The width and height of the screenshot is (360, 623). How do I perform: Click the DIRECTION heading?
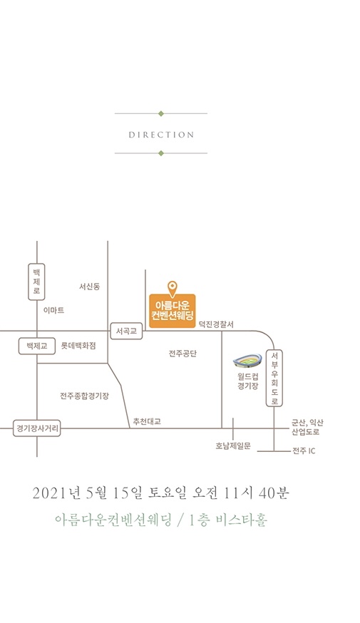(161, 135)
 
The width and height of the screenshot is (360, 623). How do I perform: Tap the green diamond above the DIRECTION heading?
(161, 113)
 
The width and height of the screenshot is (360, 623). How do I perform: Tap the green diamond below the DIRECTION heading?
(161, 153)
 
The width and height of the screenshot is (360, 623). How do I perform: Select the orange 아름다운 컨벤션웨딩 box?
(173, 311)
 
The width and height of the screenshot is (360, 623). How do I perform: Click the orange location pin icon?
(172, 289)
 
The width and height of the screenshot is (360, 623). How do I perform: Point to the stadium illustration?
(247, 361)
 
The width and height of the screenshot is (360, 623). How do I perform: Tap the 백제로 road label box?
(36, 282)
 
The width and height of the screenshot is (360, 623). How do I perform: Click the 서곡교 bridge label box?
(126, 331)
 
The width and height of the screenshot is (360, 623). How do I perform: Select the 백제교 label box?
(37, 346)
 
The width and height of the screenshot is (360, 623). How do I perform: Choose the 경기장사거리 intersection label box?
(37, 428)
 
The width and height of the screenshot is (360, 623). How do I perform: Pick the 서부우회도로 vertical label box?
(274, 379)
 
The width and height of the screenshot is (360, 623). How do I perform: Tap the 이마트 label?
(53, 310)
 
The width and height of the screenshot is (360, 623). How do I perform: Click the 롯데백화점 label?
(78, 346)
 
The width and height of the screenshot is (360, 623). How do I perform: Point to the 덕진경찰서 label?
(217, 324)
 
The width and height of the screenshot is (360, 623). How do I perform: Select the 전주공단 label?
(182, 354)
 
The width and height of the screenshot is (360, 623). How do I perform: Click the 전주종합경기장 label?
(84, 396)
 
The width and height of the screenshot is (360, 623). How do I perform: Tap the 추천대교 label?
(147, 421)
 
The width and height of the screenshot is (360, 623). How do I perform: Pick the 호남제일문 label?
(233, 446)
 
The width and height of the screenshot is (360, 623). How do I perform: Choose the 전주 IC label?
(304, 451)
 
